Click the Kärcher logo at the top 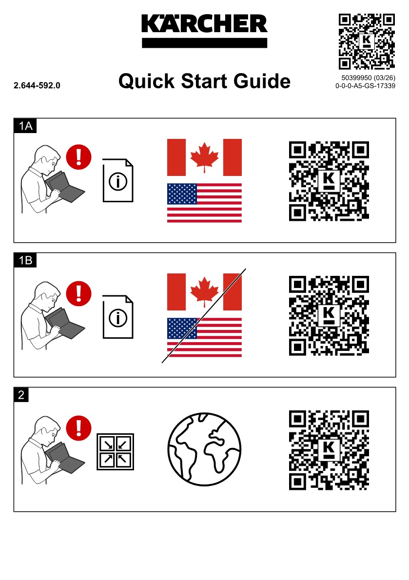point(205,31)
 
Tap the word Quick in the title point(146,81)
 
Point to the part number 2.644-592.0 point(37,85)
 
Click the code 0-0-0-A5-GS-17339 point(365,86)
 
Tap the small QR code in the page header point(367,41)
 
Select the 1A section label point(25,126)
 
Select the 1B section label point(25,260)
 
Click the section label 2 point(21,395)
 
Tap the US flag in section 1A point(205,203)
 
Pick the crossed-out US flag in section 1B point(205,337)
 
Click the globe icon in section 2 point(205,449)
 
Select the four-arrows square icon point(116,452)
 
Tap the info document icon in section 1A point(118,180)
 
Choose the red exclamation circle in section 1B point(79,293)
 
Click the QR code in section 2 point(329,450)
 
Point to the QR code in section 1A point(329,181)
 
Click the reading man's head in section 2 point(47,428)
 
